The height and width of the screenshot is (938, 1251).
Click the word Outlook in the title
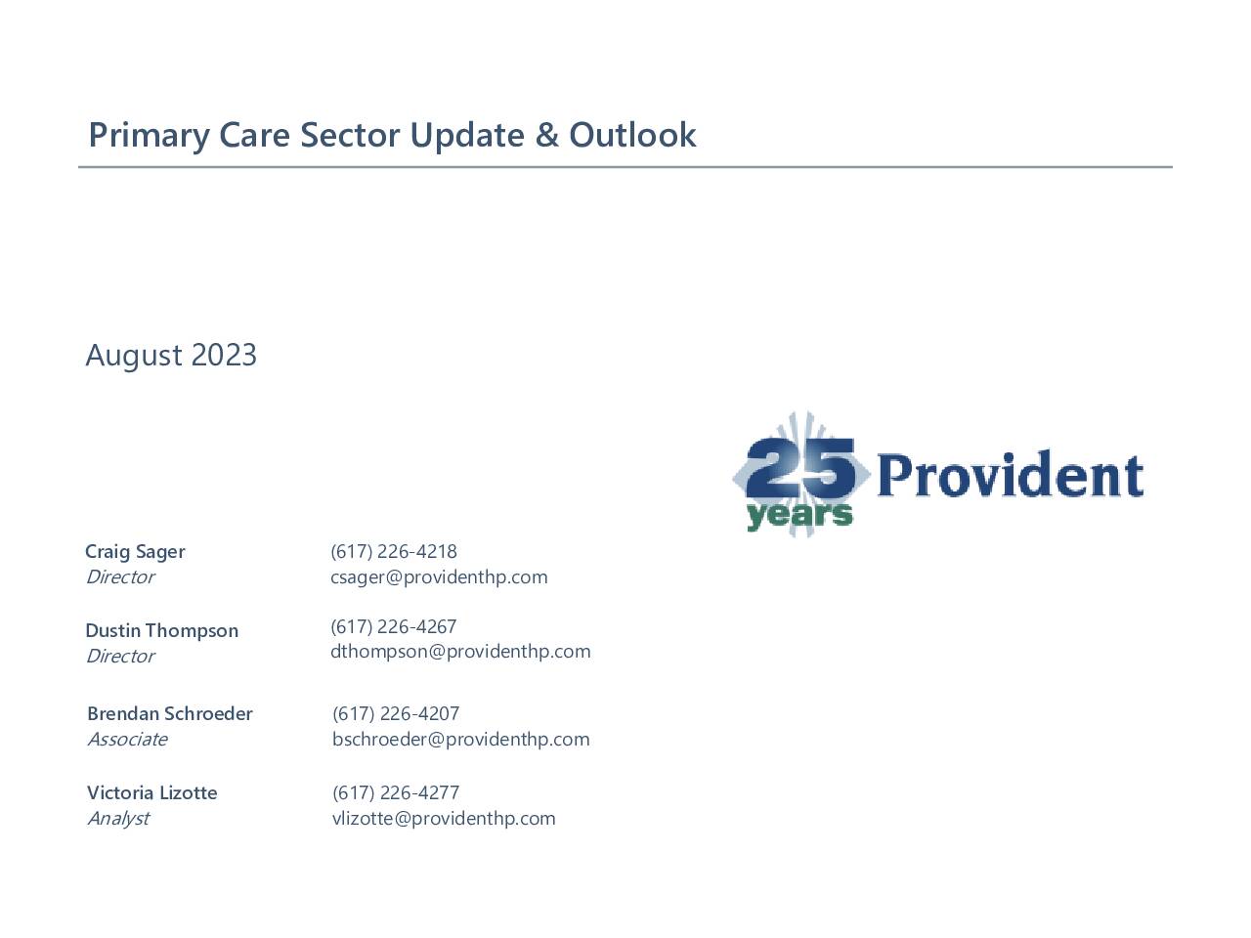tap(632, 136)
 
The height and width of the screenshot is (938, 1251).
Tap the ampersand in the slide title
tap(546, 136)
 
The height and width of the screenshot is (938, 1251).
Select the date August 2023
tap(171, 356)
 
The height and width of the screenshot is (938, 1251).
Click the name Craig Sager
tap(135, 552)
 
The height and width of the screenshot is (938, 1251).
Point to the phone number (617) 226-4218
tap(394, 551)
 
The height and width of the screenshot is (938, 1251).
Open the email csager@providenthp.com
tap(439, 577)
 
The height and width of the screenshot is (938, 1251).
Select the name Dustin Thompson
tap(162, 630)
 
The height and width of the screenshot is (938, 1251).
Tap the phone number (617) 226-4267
tap(394, 626)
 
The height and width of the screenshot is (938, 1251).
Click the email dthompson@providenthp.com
tap(460, 652)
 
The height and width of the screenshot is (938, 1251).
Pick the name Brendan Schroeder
tap(170, 713)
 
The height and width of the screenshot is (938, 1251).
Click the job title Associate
tap(128, 740)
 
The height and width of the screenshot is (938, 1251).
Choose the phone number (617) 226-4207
tap(396, 713)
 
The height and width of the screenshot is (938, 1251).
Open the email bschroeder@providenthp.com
tap(461, 740)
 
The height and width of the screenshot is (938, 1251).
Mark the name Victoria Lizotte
tap(152, 792)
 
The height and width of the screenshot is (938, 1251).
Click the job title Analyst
tap(118, 819)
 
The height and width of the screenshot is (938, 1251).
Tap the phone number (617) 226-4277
tap(396, 792)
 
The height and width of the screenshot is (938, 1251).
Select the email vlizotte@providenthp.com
tap(444, 819)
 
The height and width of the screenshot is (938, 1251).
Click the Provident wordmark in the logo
tap(1011, 475)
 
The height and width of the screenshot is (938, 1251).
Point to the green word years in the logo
tap(799, 515)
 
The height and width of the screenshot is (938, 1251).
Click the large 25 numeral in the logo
tap(800, 468)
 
